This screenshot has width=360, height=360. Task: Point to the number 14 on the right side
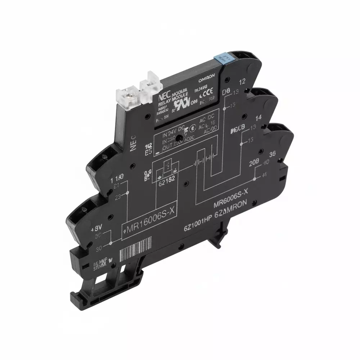point(258,118)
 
